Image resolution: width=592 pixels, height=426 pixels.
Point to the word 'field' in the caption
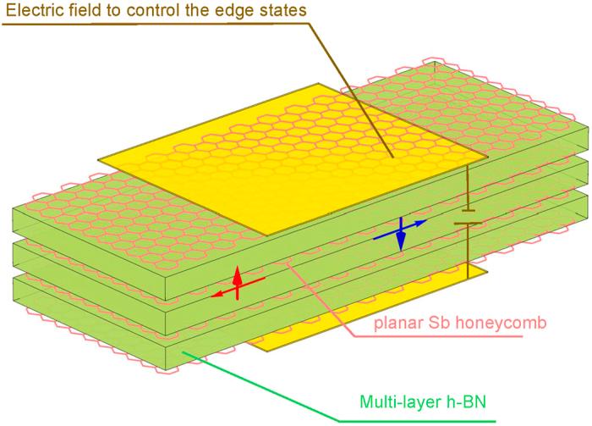click(x=79, y=10)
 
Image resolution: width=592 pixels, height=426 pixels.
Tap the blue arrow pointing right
click(x=412, y=225)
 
